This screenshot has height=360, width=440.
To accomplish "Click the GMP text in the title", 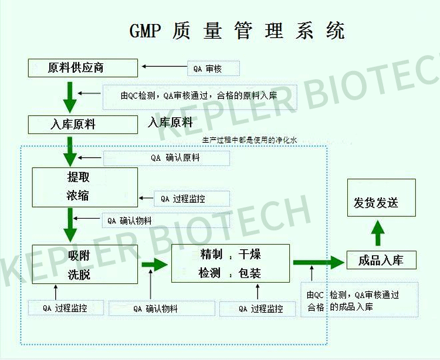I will point(144,30).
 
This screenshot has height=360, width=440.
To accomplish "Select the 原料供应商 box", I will point(83,67).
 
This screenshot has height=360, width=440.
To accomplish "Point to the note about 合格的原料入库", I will point(198,96).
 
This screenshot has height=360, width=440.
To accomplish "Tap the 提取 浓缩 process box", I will point(84,186).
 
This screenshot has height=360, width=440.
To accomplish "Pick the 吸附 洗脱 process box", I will point(85,264).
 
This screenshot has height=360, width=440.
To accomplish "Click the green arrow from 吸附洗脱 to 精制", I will point(154,264).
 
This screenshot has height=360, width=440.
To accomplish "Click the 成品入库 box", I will point(381,260).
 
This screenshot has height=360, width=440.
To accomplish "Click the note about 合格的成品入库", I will point(359,300).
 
